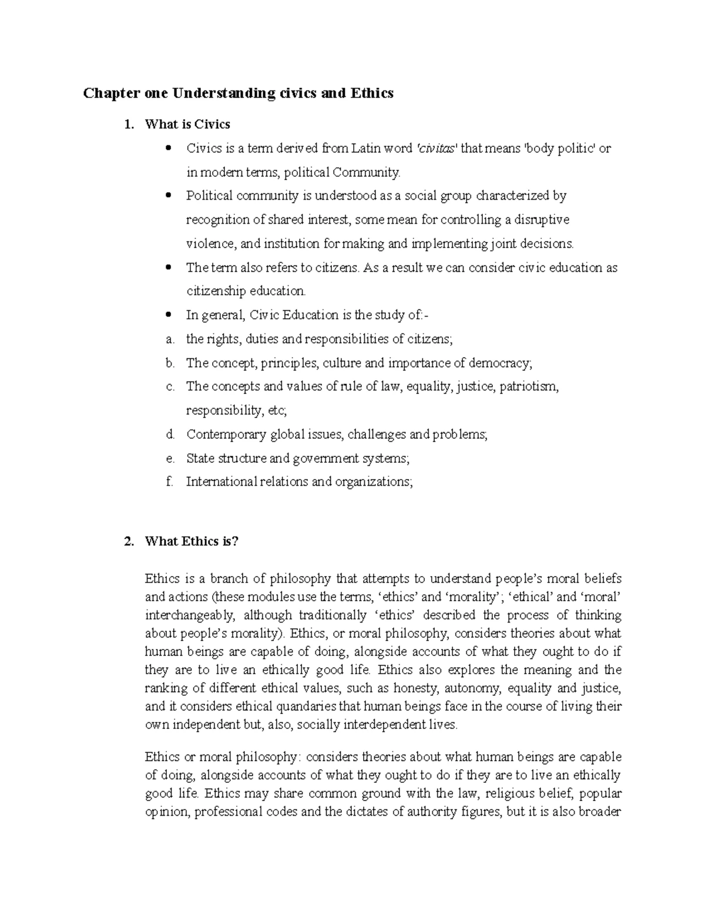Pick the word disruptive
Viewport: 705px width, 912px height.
[542, 220]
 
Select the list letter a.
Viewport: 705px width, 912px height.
[169, 339]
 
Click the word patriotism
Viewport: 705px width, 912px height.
[529, 387]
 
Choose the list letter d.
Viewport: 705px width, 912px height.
[170, 435]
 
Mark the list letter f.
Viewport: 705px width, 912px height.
[169, 482]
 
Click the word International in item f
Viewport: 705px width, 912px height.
[221, 482]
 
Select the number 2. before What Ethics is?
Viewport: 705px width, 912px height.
[130, 541]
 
